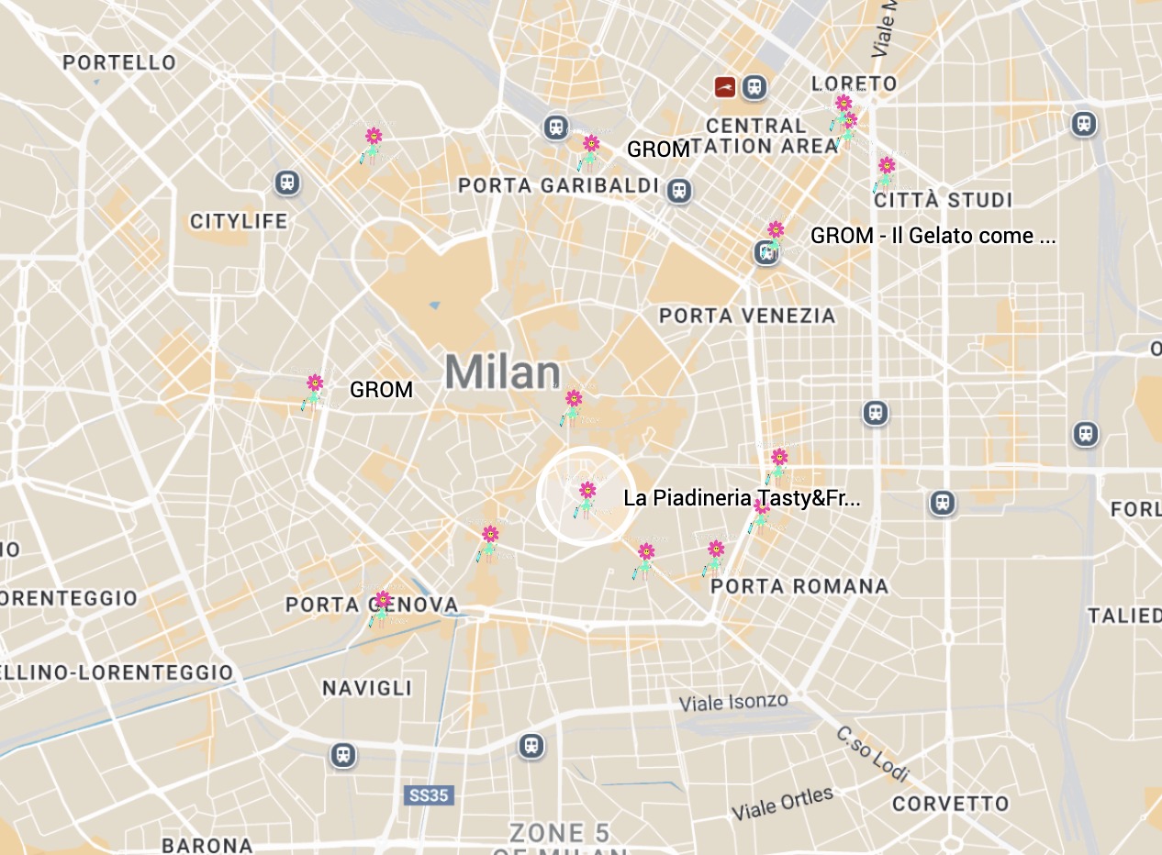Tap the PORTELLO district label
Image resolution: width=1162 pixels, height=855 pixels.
(x=119, y=62)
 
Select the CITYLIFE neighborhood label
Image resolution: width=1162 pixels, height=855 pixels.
(x=239, y=221)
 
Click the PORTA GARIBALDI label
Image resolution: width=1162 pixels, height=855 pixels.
(x=558, y=186)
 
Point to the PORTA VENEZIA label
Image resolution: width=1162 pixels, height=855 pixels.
(x=747, y=316)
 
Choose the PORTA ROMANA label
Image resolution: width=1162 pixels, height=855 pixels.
(x=799, y=586)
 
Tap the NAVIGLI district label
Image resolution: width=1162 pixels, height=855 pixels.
(x=367, y=688)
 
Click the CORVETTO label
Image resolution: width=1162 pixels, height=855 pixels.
(x=950, y=805)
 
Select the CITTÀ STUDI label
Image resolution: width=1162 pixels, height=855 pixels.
(x=943, y=200)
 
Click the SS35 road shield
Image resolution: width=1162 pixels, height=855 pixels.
(x=428, y=795)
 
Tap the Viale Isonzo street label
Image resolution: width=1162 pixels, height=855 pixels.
(x=733, y=703)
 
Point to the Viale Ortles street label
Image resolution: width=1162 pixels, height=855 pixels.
(x=782, y=804)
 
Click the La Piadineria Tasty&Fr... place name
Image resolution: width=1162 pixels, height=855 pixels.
(x=742, y=499)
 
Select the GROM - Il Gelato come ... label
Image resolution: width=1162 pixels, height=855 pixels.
(x=933, y=236)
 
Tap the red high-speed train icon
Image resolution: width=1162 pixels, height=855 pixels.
(x=725, y=87)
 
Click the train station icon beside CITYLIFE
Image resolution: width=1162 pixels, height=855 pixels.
(x=287, y=183)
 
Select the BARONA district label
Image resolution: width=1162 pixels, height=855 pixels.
(x=207, y=845)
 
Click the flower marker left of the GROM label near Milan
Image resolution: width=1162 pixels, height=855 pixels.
(x=313, y=390)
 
